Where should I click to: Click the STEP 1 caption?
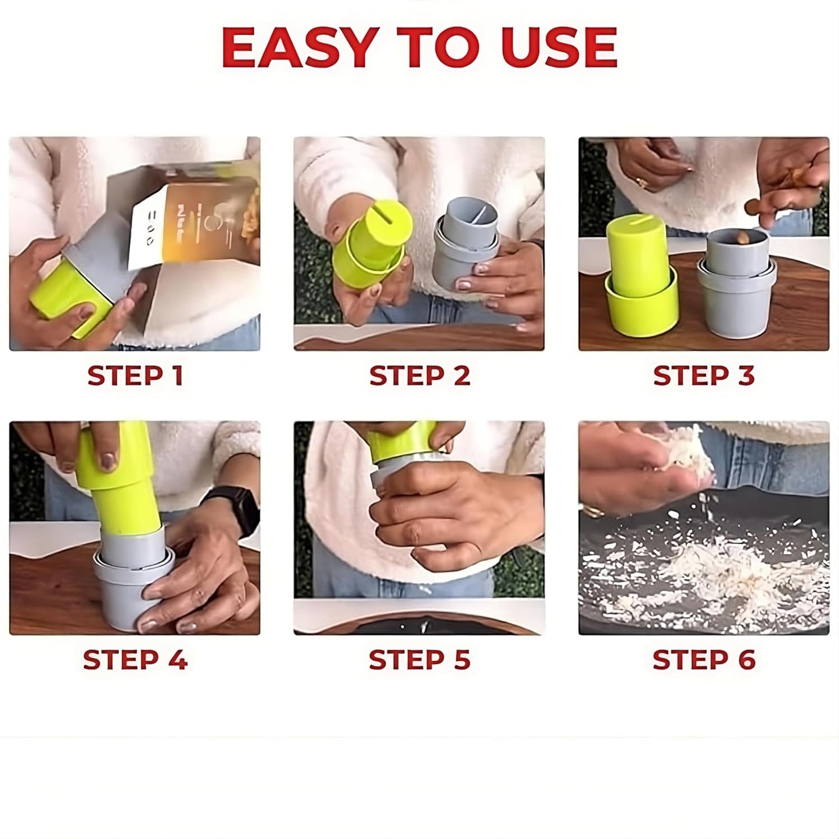(x=135, y=376)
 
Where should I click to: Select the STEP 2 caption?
(x=419, y=376)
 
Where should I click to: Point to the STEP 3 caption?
(x=704, y=376)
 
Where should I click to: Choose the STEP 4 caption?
(x=135, y=660)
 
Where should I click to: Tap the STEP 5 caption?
(x=419, y=660)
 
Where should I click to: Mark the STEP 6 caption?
(x=704, y=660)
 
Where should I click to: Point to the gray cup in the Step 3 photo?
(x=736, y=290)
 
